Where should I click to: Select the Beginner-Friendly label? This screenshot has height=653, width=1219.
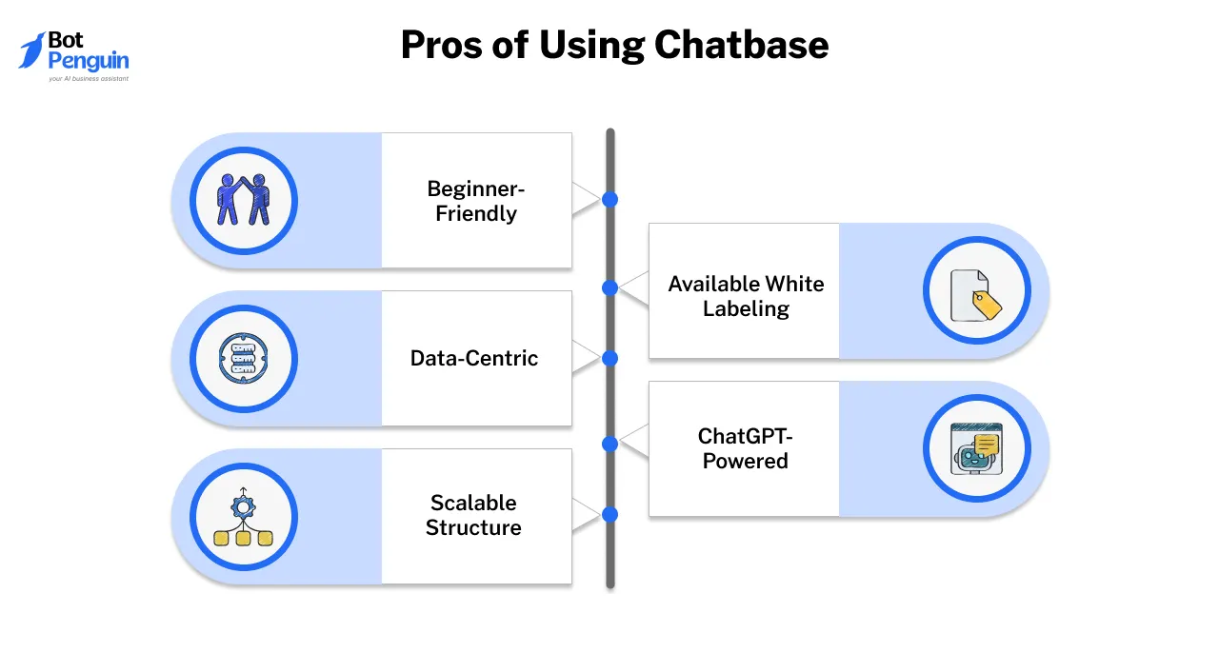point(476,201)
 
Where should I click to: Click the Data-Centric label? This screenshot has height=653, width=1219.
point(474,358)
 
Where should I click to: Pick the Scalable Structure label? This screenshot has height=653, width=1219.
point(473,515)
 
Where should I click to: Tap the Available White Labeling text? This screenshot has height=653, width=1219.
point(746,296)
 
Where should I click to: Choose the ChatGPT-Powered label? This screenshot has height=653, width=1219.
point(745,448)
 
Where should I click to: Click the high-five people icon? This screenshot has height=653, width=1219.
point(244,200)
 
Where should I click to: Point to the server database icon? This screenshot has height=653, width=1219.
point(244,358)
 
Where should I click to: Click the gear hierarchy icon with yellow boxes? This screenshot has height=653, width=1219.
point(244,517)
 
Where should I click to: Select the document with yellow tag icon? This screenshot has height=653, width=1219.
point(977,291)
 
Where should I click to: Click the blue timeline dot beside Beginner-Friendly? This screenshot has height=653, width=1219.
point(610,200)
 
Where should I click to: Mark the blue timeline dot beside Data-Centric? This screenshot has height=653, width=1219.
point(610,358)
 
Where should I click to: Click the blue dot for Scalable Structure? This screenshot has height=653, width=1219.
point(610,514)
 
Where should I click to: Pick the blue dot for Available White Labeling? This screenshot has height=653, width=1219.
point(610,287)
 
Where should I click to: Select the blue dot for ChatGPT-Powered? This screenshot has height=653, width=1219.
point(610,444)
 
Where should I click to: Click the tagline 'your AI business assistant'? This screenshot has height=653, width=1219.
point(88,79)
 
